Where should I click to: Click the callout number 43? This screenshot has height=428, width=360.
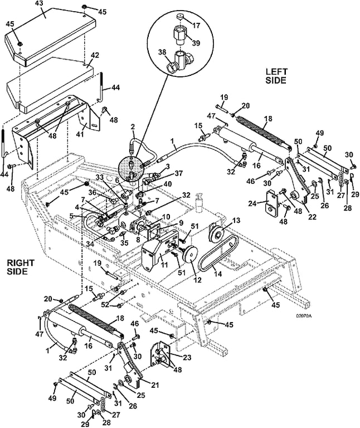pyautogui.click(x=41, y=4)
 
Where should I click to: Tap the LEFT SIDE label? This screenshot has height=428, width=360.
pyautogui.click(x=276, y=76)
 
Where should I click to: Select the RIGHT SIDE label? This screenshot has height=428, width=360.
pyautogui.click(x=21, y=267)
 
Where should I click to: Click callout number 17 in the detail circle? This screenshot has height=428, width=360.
pyautogui.click(x=196, y=26)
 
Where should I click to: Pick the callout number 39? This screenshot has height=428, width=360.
pyautogui.click(x=196, y=43)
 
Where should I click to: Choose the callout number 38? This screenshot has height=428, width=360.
pyautogui.click(x=162, y=52)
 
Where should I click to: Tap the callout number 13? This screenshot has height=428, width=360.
pyautogui.click(x=236, y=220)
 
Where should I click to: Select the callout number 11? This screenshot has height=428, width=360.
pyautogui.click(x=164, y=265)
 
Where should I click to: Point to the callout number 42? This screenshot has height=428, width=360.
pyautogui.click(x=95, y=55)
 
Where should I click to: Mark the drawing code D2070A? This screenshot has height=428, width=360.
pyautogui.click(x=304, y=316)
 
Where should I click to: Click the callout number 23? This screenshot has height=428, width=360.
pyautogui.click(x=187, y=357)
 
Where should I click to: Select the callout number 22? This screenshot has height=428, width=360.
pyautogui.click(x=312, y=217)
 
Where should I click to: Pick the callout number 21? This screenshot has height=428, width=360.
pyautogui.click(x=155, y=385)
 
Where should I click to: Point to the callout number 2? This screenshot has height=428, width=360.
pyautogui.click(x=133, y=127)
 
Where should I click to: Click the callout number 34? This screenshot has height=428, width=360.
pyautogui.click(x=90, y=244)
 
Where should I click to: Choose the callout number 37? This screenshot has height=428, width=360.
pyautogui.click(x=178, y=173)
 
